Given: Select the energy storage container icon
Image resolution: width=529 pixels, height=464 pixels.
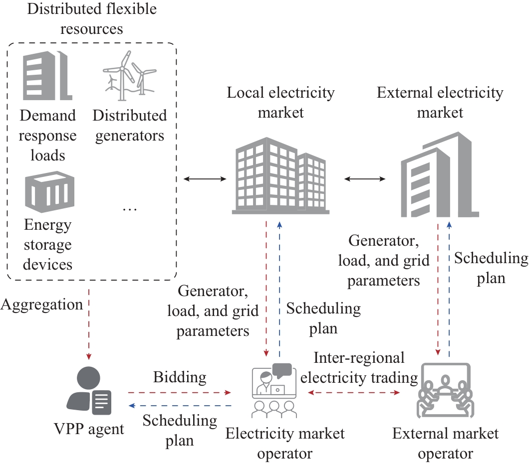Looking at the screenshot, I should point(48,192).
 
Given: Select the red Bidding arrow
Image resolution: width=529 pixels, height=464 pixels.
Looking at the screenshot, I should point(179,393).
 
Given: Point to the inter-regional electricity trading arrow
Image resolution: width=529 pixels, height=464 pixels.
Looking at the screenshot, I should point(355,393).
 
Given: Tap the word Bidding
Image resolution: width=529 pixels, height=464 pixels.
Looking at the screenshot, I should point(179,377).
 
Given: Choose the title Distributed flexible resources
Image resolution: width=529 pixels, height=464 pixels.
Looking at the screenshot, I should point(91,19).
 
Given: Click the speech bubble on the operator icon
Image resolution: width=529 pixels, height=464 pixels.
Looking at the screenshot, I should point(282,370).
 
